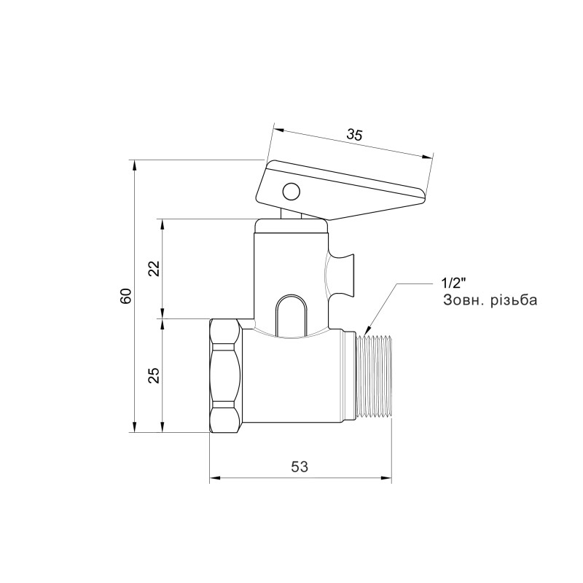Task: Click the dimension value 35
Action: coord(354,135)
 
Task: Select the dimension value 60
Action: coord(125,296)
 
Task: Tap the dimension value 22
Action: coord(153,268)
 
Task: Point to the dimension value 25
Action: coord(153,375)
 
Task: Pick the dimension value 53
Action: coord(300,466)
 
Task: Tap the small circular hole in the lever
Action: coord(290,192)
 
